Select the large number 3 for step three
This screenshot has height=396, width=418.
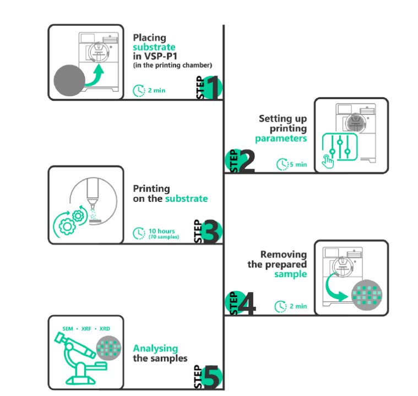(212, 232)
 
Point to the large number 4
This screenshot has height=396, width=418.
(247, 305)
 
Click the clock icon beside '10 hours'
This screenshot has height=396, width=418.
(139, 233)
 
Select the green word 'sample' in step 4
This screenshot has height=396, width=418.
(290, 274)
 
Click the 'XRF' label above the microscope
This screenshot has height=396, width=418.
(86, 329)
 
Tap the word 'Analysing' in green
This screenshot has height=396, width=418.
(155, 348)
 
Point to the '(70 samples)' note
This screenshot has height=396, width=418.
(164, 237)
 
